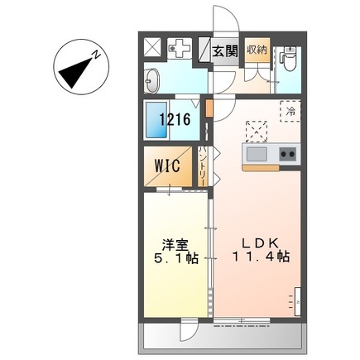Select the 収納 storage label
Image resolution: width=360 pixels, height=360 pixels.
[257, 49]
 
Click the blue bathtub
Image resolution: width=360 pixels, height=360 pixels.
[154, 120]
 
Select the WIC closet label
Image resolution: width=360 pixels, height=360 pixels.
[170, 163]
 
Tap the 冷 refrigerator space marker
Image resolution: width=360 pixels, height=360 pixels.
[290, 108]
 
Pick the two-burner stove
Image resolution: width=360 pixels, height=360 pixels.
[287, 154]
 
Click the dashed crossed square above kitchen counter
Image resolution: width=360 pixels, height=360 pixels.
[257, 130]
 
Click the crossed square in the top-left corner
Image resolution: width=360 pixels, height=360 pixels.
[153, 47]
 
